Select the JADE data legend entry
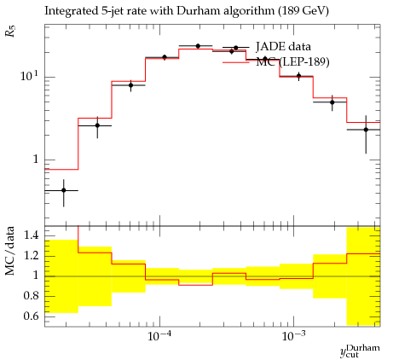click(283, 46)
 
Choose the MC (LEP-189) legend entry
click(292, 61)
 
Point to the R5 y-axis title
click(10, 31)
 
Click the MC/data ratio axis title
click(9, 251)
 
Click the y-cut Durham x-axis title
click(360, 351)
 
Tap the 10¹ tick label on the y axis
click(29, 76)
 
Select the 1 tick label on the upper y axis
click(36, 160)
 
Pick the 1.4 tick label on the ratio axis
click(31, 235)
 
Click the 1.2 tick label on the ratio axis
click(31, 255)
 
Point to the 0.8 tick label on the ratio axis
click(31, 296)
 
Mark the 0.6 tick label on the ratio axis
click(31, 316)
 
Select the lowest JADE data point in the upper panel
click(64, 190)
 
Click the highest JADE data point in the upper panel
click(198, 46)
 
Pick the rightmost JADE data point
click(366, 130)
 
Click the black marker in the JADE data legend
click(235, 48)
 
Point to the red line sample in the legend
click(236, 62)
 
